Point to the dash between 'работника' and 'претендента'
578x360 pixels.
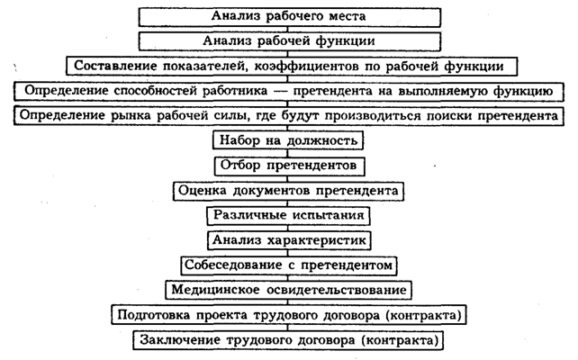click(x=280, y=91)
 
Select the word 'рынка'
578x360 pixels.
click(x=131, y=116)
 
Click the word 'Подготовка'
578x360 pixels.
click(x=154, y=315)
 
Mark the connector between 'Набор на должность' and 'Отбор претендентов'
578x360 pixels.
click(x=288, y=153)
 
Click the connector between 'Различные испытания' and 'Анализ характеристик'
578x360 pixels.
click(x=288, y=228)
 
